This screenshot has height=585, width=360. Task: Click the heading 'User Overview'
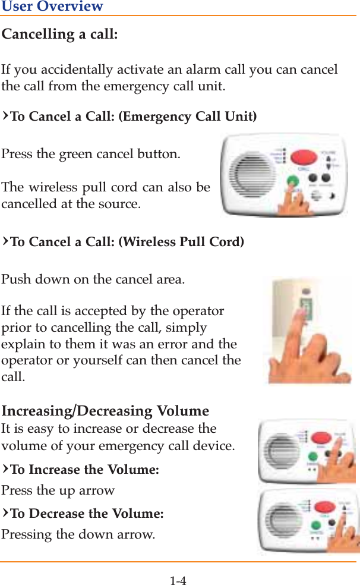(x=52, y=7)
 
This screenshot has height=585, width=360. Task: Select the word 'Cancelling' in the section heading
(x=39, y=34)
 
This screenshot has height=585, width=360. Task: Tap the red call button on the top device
(x=305, y=158)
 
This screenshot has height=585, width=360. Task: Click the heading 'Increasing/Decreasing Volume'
(x=105, y=411)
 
